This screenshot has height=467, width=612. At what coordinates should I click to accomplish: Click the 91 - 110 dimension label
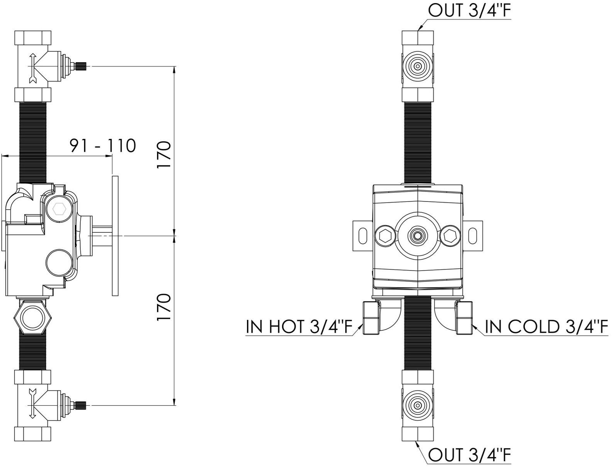[103, 146]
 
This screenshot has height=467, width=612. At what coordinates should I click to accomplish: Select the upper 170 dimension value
[164, 155]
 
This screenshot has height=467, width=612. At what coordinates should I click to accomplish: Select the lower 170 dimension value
[164, 307]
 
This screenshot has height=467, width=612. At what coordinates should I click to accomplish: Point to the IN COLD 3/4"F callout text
[546, 327]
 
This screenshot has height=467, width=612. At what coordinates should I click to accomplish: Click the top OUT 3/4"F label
[469, 10]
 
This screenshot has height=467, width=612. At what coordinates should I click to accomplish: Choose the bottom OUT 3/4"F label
[469, 455]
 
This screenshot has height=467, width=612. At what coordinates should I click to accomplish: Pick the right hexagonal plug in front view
[450, 235]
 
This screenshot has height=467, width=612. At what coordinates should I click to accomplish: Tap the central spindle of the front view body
[417, 236]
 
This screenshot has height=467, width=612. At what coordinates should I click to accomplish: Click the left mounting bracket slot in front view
[363, 236]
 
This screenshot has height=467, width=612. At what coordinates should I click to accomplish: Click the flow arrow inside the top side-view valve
[33, 68]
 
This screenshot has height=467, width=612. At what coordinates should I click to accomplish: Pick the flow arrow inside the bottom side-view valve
[33, 403]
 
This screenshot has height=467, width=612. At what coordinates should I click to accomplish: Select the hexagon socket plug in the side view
[59, 209]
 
